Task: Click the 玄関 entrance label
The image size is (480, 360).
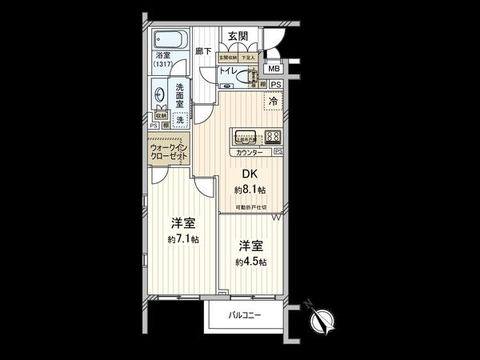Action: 237,36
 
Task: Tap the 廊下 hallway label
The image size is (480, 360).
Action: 203,51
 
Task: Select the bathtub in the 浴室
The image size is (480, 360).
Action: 170,40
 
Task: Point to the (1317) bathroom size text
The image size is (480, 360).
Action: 163,64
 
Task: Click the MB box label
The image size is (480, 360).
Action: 274,69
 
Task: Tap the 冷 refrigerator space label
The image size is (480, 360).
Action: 272,102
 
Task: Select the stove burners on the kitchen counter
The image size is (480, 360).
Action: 272,136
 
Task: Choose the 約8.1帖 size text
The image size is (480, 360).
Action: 250,190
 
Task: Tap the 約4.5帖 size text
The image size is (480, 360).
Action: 251,262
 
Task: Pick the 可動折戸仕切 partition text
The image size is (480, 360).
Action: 250,206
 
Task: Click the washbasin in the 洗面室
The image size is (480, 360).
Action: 159,94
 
